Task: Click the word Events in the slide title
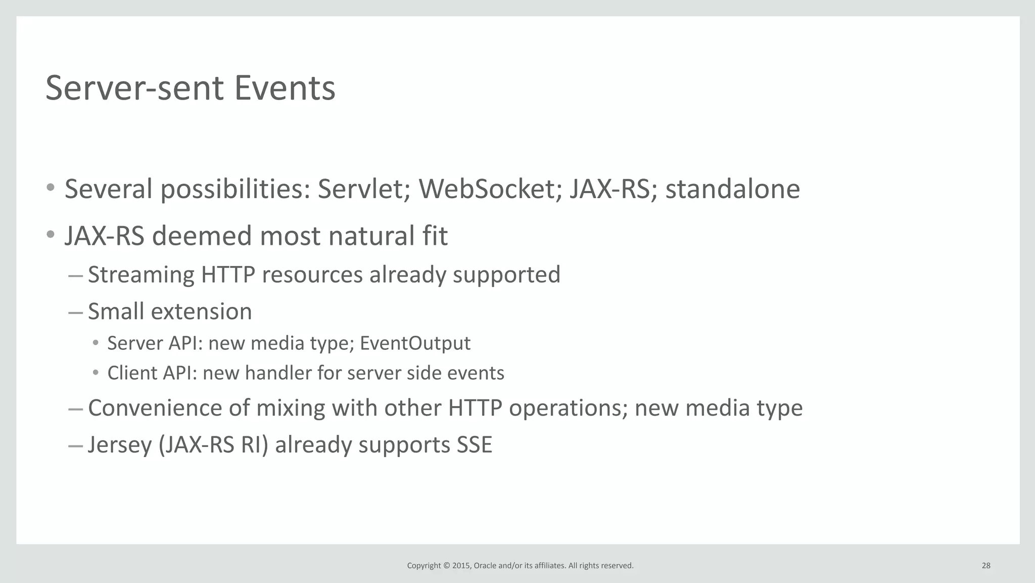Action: coord(285,88)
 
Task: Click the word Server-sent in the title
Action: coord(134,88)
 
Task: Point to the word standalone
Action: coord(732,189)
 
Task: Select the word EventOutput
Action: coord(415,343)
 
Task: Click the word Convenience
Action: coord(155,408)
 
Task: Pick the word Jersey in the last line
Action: coord(120,445)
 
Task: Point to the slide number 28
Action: coord(985,566)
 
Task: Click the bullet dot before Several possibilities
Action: coord(50,188)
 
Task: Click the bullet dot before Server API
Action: coord(96,343)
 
